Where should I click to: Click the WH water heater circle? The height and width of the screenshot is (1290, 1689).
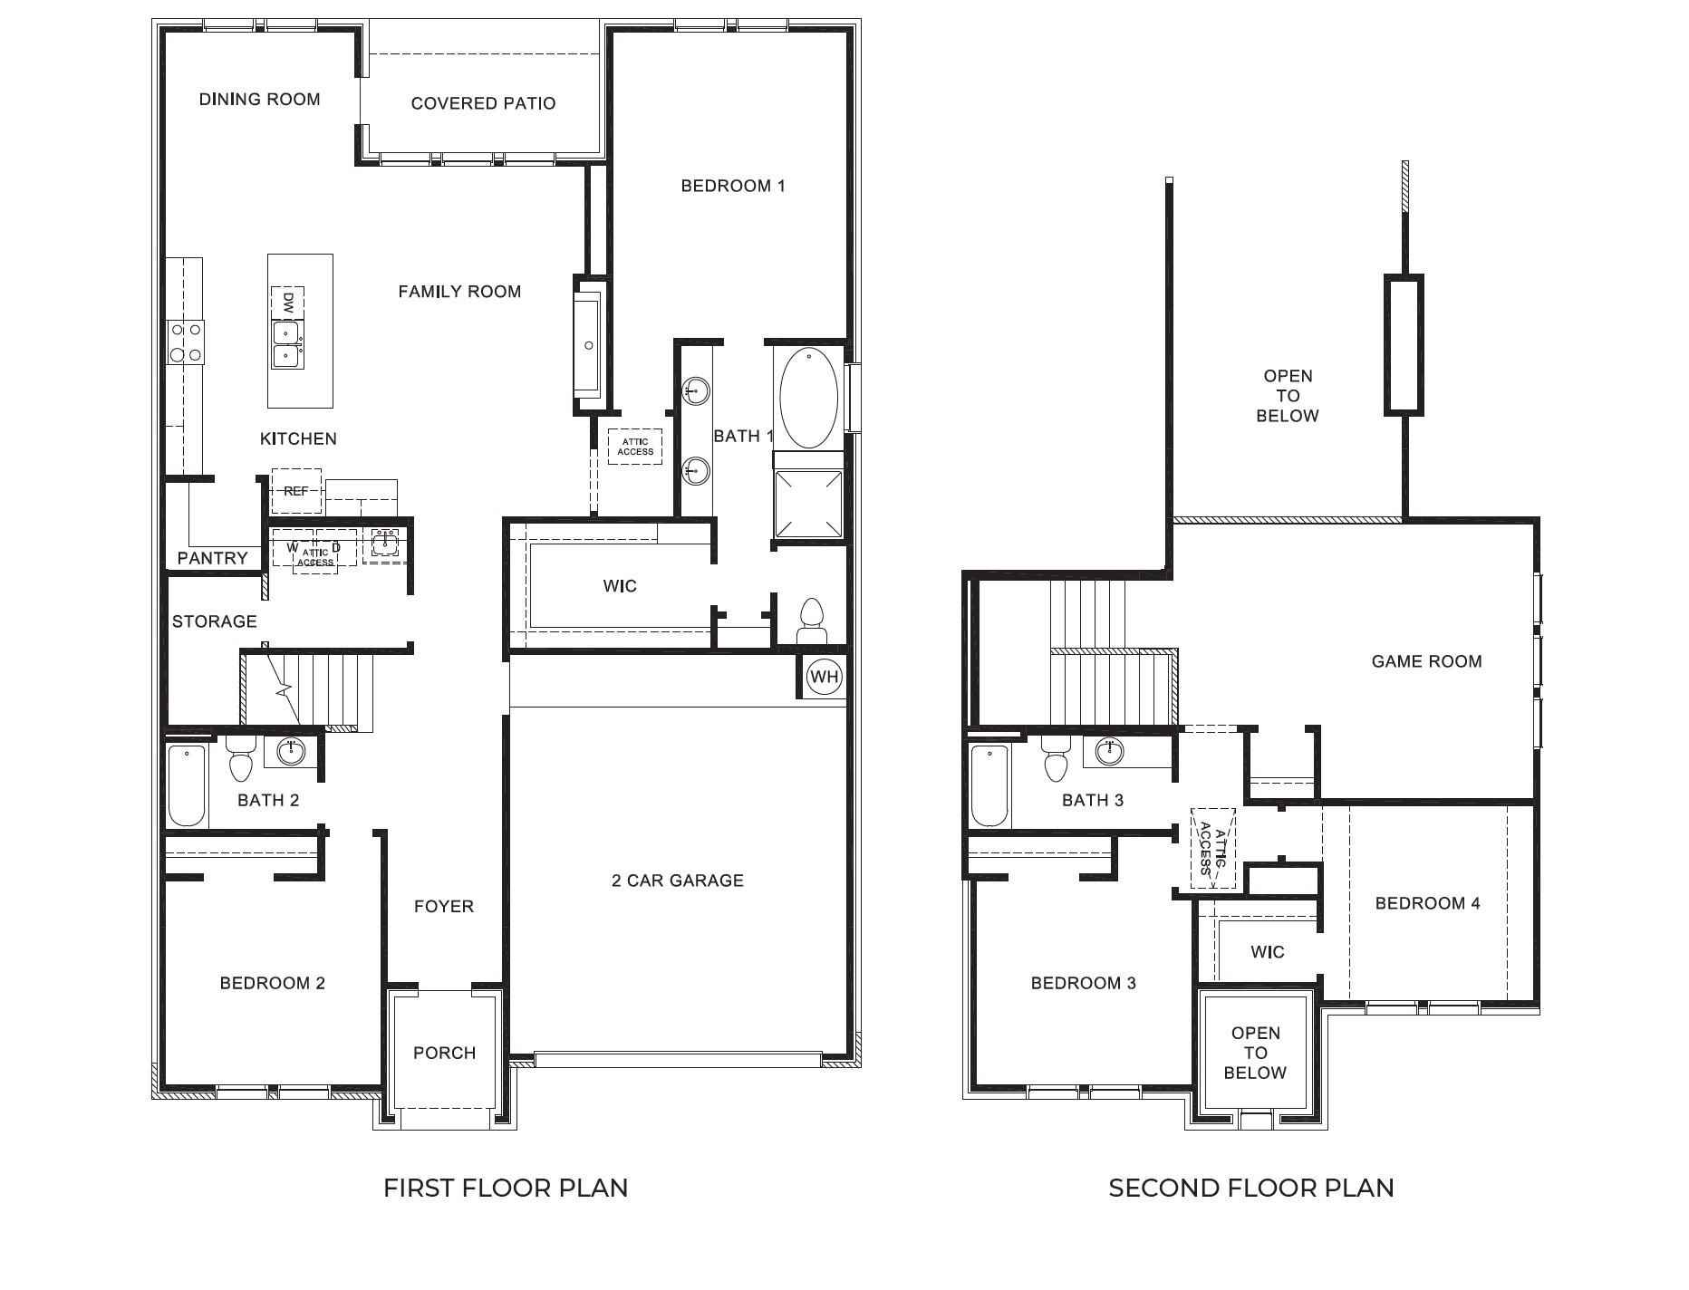click(825, 677)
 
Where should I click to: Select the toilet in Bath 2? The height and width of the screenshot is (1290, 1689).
click(241, 758)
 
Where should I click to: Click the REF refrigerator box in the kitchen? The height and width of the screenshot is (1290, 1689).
click(296, 491)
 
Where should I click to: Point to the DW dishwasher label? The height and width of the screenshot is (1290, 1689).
click(288, 303)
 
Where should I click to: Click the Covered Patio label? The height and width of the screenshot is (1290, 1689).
click(483, 103)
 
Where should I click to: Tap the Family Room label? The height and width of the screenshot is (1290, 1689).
click(459, 292)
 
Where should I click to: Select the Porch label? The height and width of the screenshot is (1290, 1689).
click(444, 1053)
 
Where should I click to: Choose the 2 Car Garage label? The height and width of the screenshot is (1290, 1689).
click(678, 881)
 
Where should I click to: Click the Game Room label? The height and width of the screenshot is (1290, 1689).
click(1426, 661)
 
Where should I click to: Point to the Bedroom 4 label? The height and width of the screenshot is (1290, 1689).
click(1427, 903)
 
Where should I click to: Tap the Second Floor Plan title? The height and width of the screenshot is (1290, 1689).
click(1251, 1188)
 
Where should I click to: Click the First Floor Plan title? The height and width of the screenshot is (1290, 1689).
click(506, 1188)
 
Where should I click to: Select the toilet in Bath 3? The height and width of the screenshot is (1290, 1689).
click(1057, 758)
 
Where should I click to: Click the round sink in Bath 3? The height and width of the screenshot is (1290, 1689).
click(1110, 751)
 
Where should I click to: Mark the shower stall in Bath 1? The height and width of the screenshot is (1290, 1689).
click(808, 505)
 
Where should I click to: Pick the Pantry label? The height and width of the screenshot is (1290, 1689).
click(212, 558)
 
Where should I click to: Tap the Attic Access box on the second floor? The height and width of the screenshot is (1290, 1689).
click(1212, 850)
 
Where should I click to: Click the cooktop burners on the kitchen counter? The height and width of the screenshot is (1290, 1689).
click(186, 342)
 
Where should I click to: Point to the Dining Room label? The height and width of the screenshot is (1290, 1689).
click(259, 99)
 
